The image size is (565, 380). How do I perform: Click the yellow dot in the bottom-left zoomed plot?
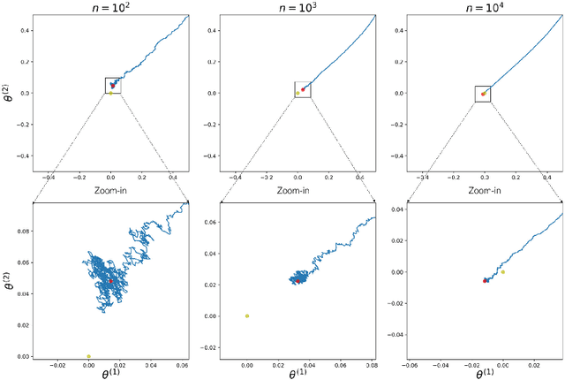[x=88, y=355]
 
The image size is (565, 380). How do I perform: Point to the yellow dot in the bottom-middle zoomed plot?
[x=247, y=315]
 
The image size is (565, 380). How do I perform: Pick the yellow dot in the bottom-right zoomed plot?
[x=502, y=272]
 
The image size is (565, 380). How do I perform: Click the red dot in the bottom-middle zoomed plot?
[x=298, y=280]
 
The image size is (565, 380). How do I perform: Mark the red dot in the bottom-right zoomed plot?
[x=486, y=280]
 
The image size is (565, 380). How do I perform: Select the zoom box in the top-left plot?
[x=112, y=85]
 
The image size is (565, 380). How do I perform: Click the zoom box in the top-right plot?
[x=483, y=93]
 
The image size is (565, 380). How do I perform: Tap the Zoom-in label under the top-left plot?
[x=111, y=190]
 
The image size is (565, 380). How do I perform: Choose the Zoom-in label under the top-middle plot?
[x=298, y=190]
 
